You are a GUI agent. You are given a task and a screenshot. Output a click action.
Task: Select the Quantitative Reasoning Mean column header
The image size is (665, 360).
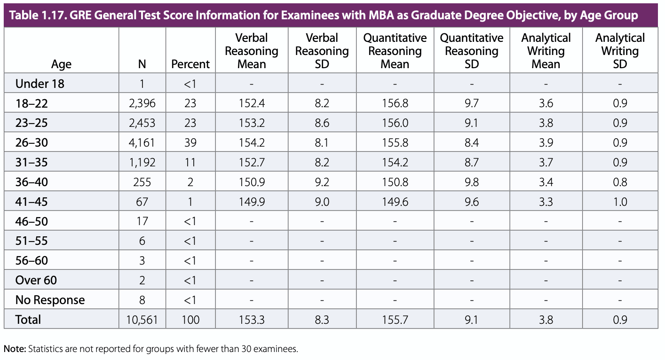[x=395, y=51]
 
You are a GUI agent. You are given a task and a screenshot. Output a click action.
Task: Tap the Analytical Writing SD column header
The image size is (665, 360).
[x=620, y=51]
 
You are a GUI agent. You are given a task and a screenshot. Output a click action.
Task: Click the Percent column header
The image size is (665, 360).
[x=190, y=64]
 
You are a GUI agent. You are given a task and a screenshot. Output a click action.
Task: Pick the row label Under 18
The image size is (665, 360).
[x=40, y=84]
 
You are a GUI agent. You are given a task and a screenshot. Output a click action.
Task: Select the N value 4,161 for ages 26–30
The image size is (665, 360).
[x=142, y=143]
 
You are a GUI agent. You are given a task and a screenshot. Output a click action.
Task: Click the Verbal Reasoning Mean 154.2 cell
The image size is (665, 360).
[x=252, y=143]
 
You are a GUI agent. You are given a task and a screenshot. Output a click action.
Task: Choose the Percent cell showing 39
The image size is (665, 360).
[x=190, y=143]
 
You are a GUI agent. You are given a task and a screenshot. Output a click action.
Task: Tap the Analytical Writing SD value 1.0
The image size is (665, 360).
[x=620, y=202]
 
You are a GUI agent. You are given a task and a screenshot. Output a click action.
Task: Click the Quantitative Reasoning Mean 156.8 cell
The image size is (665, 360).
[x=395, y=103]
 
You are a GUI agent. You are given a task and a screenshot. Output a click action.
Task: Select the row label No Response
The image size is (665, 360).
[x=50, y=300]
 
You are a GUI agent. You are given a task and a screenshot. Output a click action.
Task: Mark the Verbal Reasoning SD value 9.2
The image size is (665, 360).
[x=322, y=182]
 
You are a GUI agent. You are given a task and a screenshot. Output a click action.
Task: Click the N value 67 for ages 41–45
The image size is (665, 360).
[x=142, y=202]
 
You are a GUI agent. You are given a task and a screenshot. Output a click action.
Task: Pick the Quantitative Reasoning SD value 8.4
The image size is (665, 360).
[x=471, y=143]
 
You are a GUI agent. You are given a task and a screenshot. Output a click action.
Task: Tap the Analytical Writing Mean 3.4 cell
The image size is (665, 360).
[x=546, y=182]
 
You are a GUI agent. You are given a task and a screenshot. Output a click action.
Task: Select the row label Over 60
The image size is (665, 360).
[x=36, y=281]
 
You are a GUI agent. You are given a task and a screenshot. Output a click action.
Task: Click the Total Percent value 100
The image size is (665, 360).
[x=190, y=320]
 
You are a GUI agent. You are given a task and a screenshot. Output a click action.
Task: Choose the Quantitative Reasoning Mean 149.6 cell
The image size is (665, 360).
[x=395, y=202]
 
